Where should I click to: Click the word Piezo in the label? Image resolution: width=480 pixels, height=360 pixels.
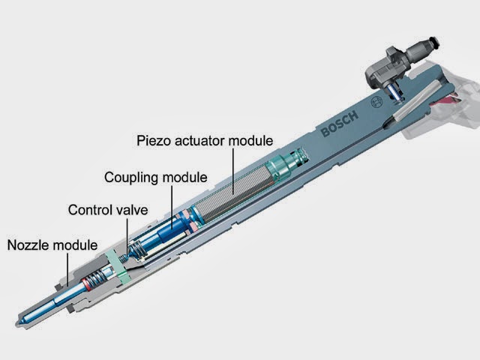pyautogui.click(x=152, y=140)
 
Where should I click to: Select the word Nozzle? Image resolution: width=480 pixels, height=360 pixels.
pyautogui.click(x=28, y=244)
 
